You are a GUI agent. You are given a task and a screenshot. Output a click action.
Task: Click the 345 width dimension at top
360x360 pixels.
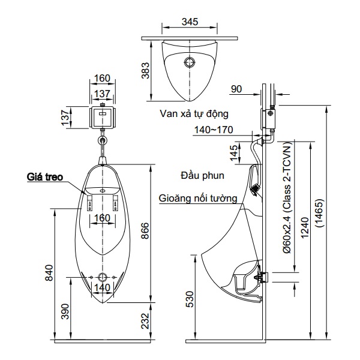190,22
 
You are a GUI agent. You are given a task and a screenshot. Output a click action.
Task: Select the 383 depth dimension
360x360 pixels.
145,70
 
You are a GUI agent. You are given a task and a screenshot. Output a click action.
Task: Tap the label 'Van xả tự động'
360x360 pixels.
194,114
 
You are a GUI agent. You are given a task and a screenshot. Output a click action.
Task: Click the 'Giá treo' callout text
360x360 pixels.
45,177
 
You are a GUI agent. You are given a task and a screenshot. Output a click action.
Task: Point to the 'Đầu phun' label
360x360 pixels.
202,175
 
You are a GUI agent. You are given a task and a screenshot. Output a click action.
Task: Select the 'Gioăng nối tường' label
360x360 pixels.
198,199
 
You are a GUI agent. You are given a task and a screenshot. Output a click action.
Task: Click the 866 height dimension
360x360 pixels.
145,231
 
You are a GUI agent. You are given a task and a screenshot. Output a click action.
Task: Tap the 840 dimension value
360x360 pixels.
49,273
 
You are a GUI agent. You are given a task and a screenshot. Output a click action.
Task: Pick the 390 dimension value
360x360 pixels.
65,311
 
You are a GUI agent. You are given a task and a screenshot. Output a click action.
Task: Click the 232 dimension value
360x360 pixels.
145,321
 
